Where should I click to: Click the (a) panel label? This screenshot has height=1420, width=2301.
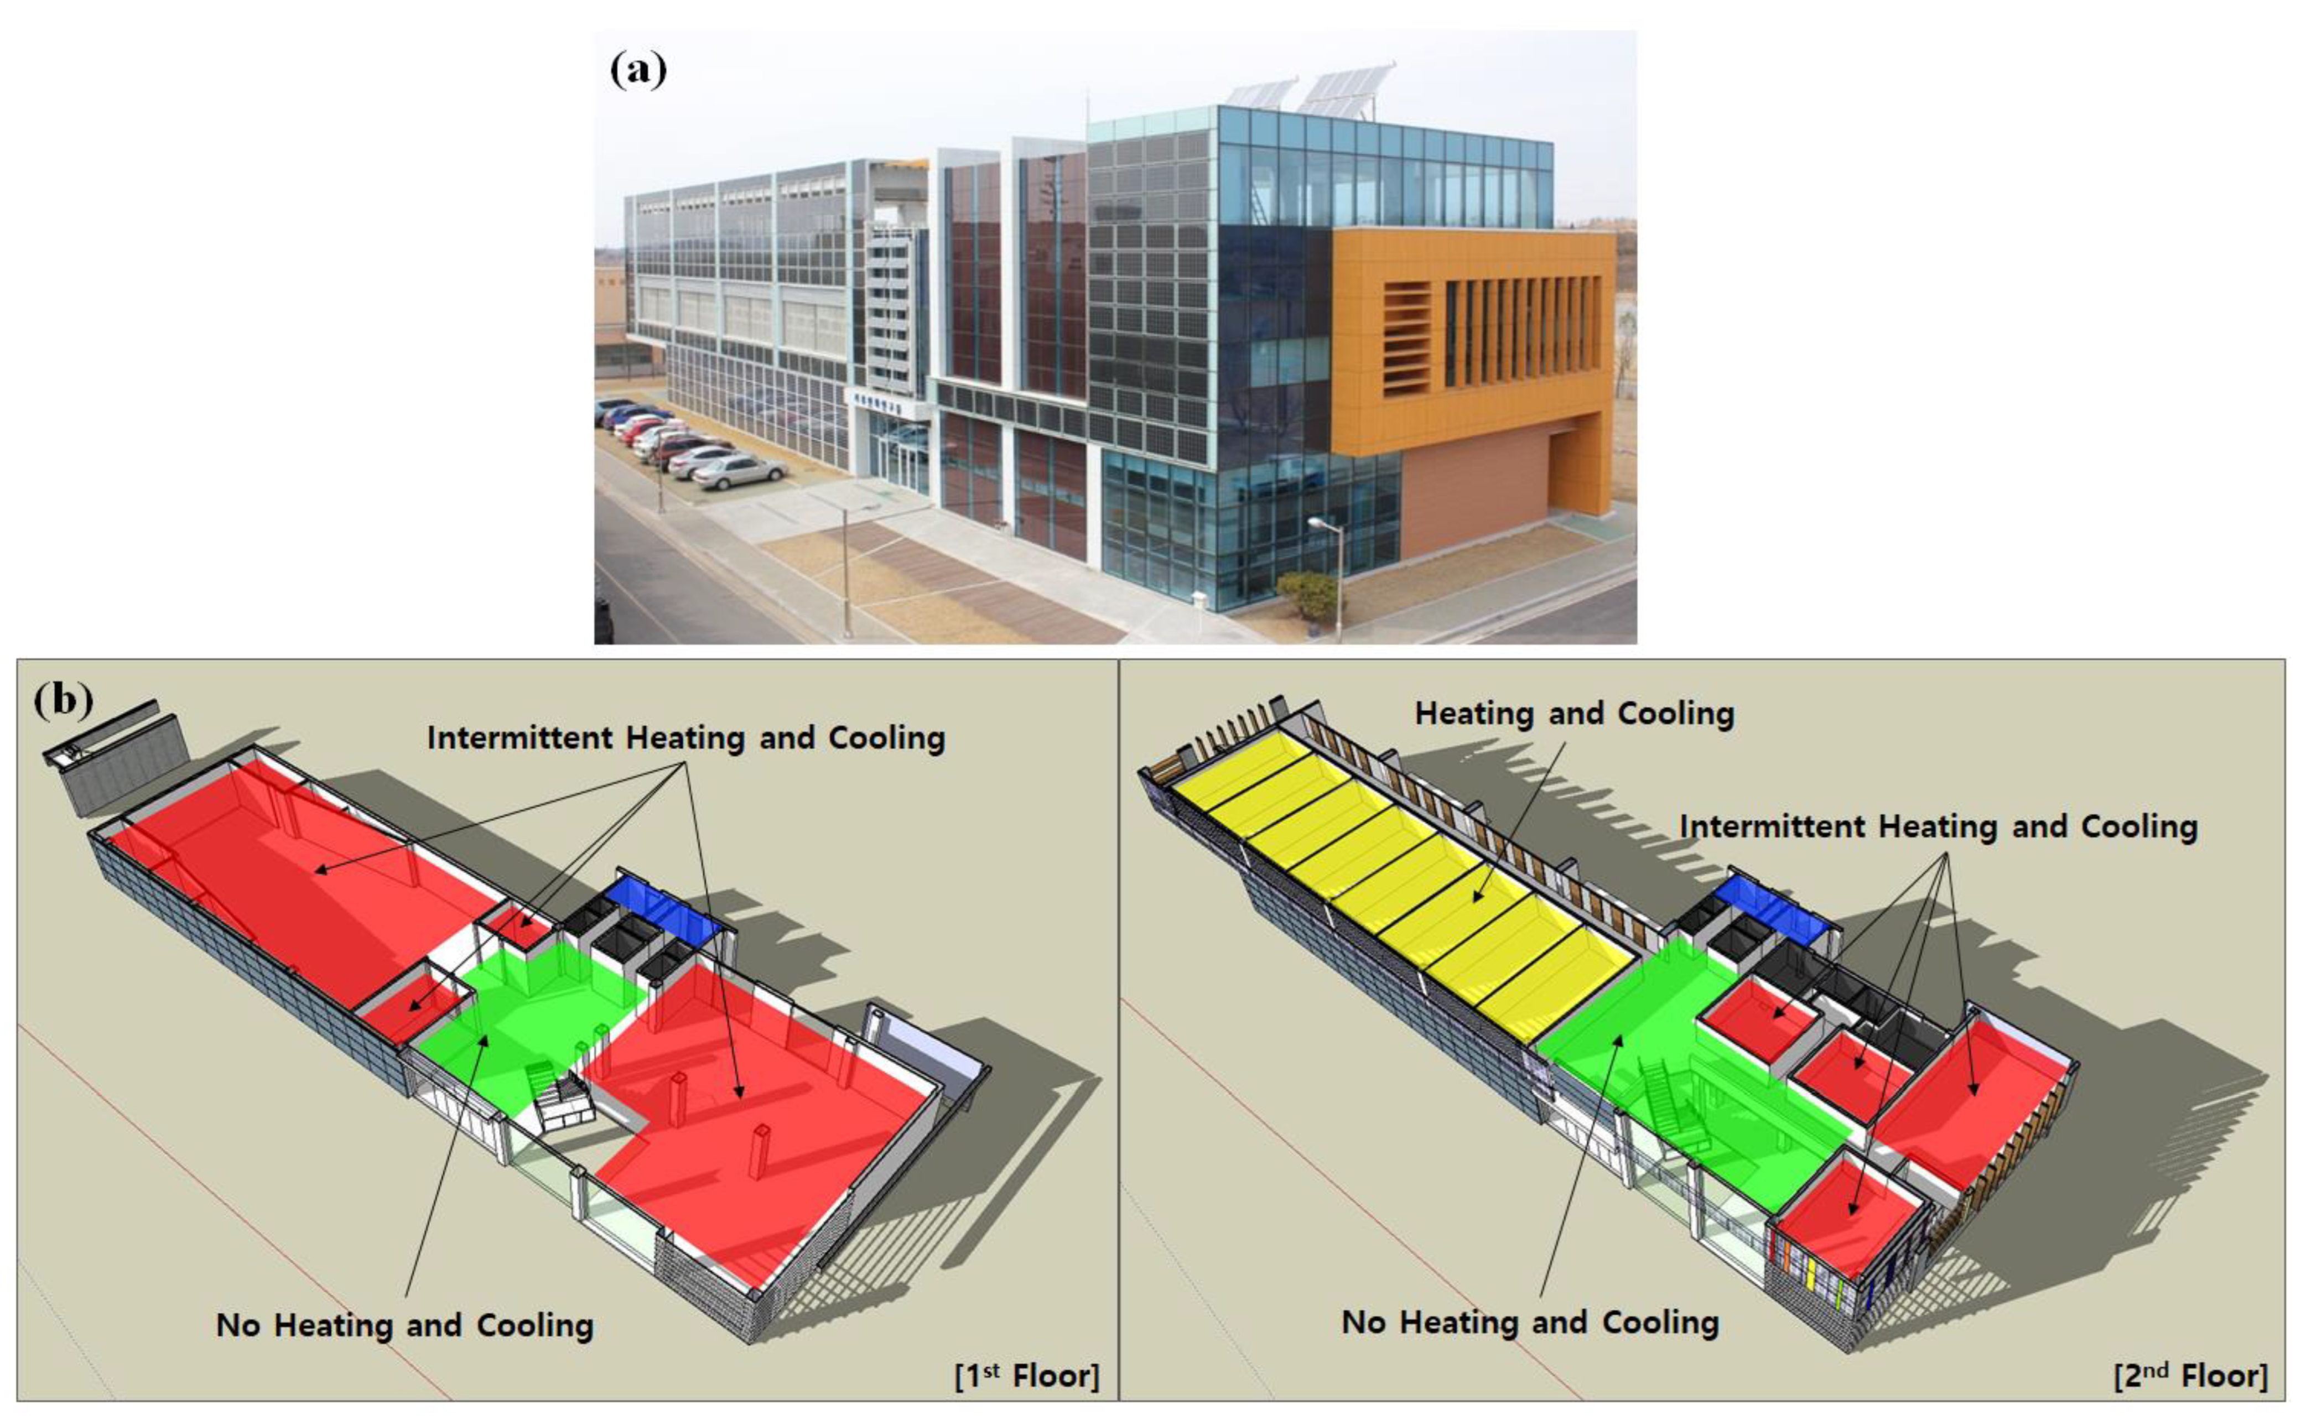pyautogui.click(x=638, y=70)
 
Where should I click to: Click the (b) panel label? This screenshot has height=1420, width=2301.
pyautogui.click(x=63, y=700)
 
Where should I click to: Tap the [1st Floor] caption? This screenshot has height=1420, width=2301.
pyautogui.click(x=1026, y=1376)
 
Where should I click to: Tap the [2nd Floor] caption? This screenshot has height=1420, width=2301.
pyautogui.click(x=2190, y=1376)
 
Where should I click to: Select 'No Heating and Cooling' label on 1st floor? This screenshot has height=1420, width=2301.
pyautogui.click(x=405, y=1325)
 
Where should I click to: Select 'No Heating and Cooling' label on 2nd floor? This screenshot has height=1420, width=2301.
pyautogui.click(x=1530, y=1322)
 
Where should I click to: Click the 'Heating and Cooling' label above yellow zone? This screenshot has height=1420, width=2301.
pyautogui.click(x=1574, y=714)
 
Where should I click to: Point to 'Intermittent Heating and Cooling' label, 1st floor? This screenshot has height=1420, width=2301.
pyautogui.click(x=685, y=738)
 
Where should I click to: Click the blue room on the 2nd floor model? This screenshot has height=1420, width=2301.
pyautogui.click(x=1770, y=906)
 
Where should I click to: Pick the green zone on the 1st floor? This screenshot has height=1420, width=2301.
pyautogui.click(x=526, y=1015)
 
